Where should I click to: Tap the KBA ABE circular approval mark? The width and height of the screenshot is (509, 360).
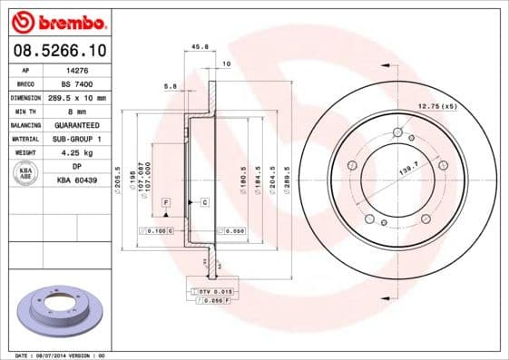point(26,174)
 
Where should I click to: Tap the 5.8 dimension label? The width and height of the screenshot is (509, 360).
point(170,86)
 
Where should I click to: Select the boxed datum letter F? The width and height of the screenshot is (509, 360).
point(167,200)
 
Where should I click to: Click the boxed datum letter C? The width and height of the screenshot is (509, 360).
point(205,200)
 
